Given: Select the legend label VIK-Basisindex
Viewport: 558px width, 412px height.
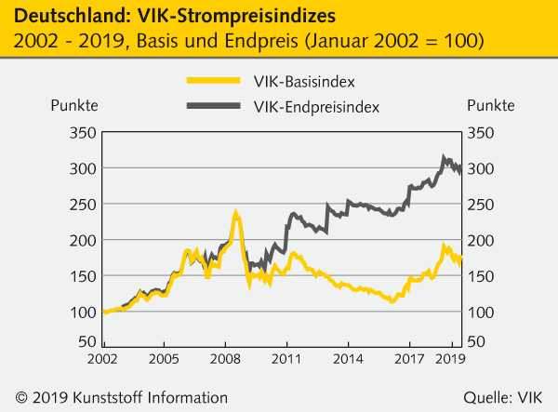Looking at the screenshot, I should pos(302,81).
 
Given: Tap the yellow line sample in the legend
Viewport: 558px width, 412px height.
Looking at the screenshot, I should pos(213,81).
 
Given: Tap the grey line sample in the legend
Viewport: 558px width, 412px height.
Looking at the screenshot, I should pos(213,108).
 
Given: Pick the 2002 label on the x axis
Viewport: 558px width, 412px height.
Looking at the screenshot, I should pos(101,357).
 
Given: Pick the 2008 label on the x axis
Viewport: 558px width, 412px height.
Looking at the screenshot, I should pos(224,357).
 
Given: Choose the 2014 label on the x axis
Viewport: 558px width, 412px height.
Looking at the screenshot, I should pos(348,357).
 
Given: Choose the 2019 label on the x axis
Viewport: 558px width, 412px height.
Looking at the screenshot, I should pos(450,357).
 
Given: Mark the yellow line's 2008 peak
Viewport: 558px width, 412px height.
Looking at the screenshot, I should pos(236,214).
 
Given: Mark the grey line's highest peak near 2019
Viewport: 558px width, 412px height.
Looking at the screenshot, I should pos(444,158).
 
